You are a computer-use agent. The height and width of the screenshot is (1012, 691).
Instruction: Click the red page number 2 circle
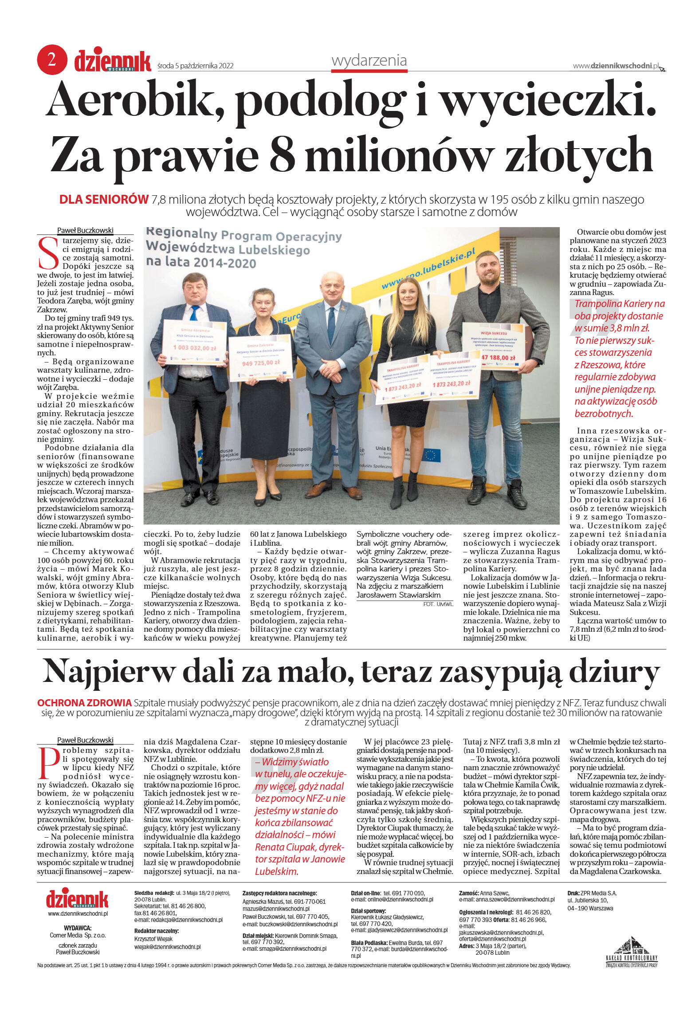pos(52,59)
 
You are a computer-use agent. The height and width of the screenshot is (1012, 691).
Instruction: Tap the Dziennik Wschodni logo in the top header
pos(112,60)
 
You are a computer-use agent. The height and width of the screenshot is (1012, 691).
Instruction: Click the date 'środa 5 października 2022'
pos(195,66)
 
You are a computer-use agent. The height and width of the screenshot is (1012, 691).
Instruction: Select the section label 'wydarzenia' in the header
pos(369,60)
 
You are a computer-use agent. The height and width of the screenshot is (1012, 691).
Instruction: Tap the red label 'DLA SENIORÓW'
pos(104,200)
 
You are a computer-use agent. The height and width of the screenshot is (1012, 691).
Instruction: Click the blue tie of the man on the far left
pos(194,313)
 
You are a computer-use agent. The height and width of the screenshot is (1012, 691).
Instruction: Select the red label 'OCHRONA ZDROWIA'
pos(84,703)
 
